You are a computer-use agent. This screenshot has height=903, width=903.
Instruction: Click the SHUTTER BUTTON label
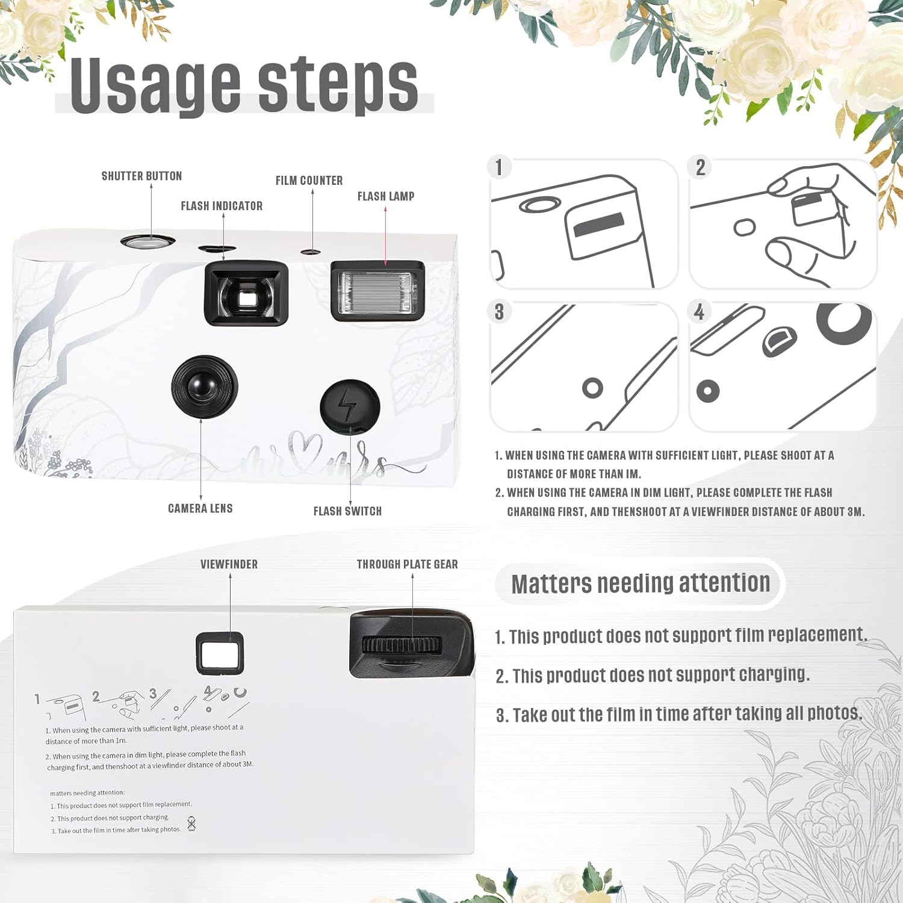coord(141,176)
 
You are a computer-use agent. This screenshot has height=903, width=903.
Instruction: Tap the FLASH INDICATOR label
coord(222,206)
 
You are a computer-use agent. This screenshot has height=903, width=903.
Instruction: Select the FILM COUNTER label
coord(309,181)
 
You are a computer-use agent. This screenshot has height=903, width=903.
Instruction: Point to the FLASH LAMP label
coord(386,196)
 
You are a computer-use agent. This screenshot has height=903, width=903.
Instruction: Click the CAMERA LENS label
coord(200,509)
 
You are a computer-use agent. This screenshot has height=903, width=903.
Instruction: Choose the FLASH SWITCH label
coord(347,511)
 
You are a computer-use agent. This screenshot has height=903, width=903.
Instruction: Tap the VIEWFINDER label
coord(229,564)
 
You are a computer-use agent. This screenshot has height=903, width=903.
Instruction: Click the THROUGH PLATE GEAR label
coord(407,564)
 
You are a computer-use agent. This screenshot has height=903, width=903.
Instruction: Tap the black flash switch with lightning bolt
coord(350,406)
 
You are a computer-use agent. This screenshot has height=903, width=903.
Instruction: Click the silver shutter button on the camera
coord(147,242)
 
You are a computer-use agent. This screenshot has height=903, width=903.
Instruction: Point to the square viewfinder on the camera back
coord(220,653)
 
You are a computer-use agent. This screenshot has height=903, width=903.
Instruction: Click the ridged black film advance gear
coord(402,645)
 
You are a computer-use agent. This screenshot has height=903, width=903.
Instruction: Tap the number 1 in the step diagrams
coord(499,167)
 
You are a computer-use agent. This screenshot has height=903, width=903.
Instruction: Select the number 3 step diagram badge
coord(499,312)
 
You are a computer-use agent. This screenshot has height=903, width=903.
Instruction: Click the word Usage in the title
coord(155,85)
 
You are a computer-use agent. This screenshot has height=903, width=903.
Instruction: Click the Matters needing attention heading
coord(641,583)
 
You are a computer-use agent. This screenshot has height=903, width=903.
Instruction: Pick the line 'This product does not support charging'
coord(653,675)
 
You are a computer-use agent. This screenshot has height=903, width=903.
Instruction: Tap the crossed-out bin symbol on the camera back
coord(191,824)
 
